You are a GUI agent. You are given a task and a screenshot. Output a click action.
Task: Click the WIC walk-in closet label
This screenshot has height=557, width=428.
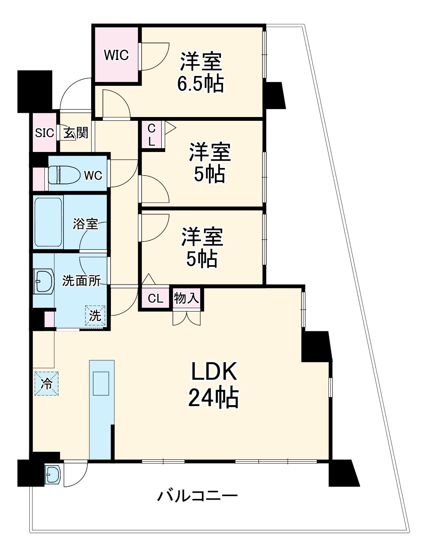coord(117,55)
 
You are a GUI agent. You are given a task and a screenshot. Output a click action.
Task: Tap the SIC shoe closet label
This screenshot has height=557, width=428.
coord(44,133)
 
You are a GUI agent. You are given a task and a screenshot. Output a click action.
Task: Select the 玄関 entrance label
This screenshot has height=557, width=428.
coord(76,133)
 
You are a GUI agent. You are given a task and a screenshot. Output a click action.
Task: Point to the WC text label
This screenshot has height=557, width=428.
coord(93,175)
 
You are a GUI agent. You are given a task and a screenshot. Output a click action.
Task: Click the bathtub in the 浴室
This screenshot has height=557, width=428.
coord(48,222)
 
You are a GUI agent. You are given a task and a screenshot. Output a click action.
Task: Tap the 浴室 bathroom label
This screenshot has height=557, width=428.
coord(85,223)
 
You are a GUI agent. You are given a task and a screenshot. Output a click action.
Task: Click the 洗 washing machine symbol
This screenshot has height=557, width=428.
coord(95,315)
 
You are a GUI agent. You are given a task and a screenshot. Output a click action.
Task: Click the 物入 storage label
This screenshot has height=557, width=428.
coord(186,298)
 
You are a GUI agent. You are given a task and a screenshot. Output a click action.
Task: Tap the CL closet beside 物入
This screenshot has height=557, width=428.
coord(155,298)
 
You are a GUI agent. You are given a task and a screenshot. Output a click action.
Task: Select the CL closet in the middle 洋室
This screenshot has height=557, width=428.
coord(152,135)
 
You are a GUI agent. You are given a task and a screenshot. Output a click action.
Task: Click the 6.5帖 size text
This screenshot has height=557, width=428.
coord(201,84)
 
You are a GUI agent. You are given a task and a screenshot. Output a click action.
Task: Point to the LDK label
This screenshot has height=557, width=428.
coord(214,372)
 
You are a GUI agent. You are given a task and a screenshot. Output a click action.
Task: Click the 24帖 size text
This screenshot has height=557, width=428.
coord(213,398)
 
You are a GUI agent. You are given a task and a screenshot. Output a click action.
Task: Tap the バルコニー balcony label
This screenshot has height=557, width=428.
coord(197,496)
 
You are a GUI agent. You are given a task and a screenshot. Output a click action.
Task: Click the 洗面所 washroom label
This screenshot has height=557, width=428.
coord(81,281)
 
